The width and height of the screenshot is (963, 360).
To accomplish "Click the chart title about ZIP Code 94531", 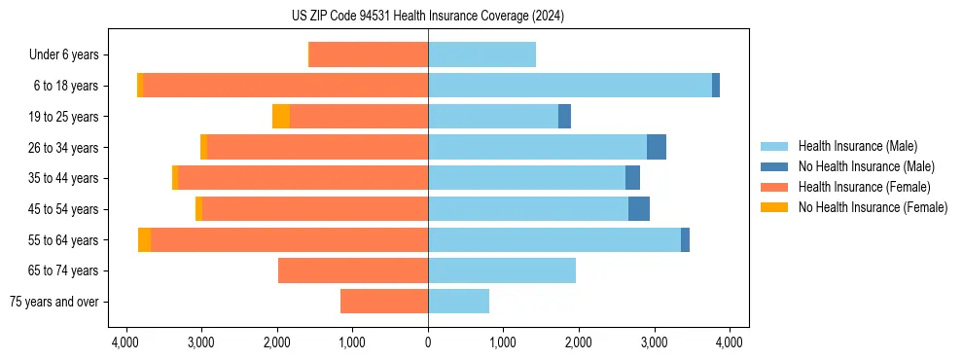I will (x=427, y=17).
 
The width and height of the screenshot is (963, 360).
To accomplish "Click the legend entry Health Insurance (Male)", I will (x=857, y=147).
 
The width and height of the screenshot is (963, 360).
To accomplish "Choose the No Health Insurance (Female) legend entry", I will (x=873, y=207).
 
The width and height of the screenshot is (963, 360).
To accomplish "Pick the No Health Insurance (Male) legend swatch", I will (x=774, y=167).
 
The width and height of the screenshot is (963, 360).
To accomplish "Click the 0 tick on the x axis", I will (x=428, y=342).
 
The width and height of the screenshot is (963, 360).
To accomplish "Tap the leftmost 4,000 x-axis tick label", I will (x=125, y=342).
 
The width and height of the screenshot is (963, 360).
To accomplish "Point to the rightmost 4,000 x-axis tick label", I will (x=730, y=342).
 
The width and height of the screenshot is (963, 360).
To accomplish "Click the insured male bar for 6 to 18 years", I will (x=570, y=86).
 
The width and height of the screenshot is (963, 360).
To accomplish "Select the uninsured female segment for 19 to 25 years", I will (x=281, y=117).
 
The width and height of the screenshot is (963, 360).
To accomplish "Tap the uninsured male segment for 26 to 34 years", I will (x=657, y=148).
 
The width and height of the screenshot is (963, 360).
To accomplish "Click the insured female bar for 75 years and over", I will (x=384, y=302).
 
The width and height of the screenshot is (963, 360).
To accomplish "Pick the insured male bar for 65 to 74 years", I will (x=502, y=270).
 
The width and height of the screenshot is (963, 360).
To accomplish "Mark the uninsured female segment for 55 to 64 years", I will (x=144, y=240).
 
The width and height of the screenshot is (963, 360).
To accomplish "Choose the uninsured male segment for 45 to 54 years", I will (x=639, y=209).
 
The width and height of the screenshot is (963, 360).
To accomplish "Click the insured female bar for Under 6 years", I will (x=369, y=55).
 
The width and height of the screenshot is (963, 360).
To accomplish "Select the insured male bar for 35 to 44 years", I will (x=526, y=178).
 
